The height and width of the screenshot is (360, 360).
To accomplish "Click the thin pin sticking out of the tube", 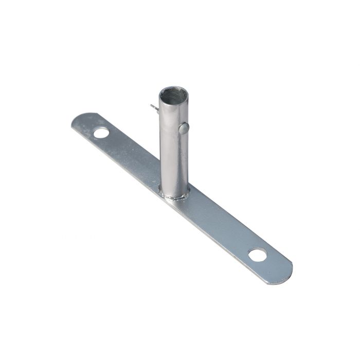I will pos(154,107).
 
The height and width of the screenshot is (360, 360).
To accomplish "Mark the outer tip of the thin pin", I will pos(151,106).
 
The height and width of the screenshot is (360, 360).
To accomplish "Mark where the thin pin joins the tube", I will pos(158,109).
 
